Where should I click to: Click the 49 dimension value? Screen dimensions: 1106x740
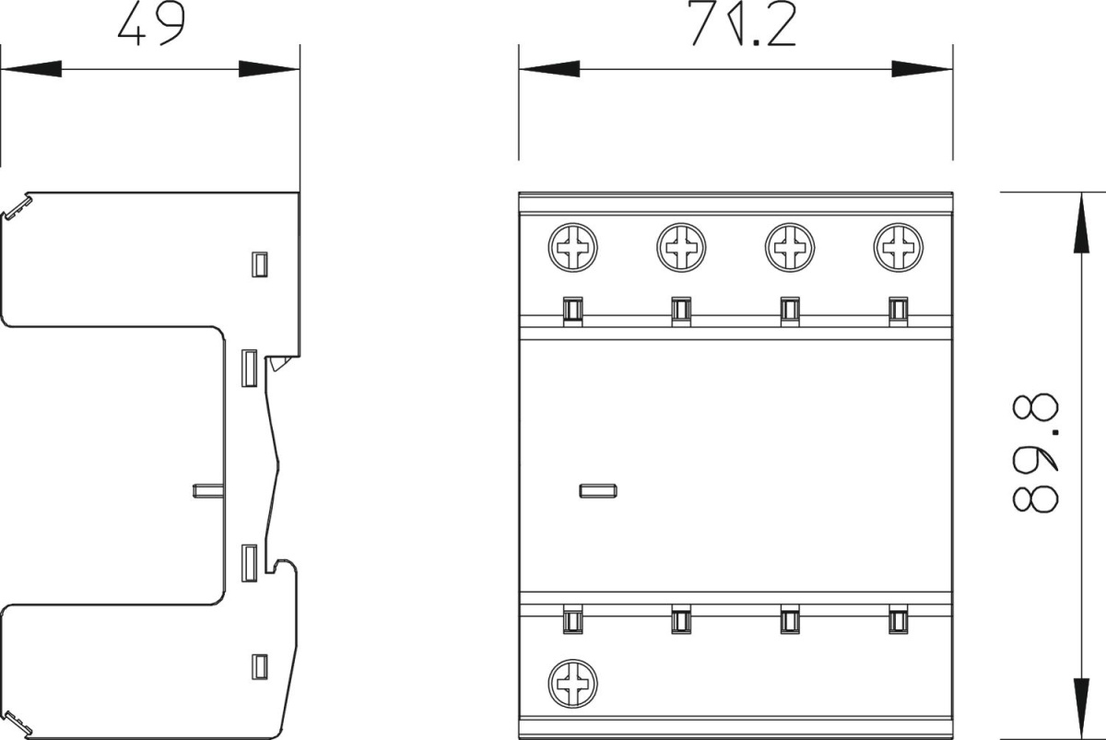pyautogui.click(x=151, y=25)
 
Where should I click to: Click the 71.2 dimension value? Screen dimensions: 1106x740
pyautogui.click(x=742, y=24)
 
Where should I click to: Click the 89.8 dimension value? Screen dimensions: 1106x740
pyautogui.click(x=1035, y=452)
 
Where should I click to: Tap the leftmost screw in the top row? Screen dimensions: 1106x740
pyautogui.click(x=572, y=247)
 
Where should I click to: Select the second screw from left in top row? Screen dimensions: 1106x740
pyautogui.click(x=681, y=247)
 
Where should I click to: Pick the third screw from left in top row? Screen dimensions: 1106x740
pyautogui.click(x=790, y=247)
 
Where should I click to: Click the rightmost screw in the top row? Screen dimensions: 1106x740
pyautogui.click(x=898, y=247)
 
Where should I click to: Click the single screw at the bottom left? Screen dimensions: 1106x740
pyautogui.click(x=572, y=683)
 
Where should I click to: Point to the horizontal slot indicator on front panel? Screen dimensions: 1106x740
pyautogui.click(x=598, y=490)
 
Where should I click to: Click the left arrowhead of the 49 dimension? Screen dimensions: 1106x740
pyautogui.click(x=31, y=69)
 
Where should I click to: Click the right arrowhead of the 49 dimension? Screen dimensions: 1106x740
pyautogui.click(x=269, y=69)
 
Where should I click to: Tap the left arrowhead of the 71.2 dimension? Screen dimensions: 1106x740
pyautogui.click(x=549, y=69)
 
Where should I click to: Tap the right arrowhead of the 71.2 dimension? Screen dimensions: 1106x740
pyautogui.click(x=922, y=69)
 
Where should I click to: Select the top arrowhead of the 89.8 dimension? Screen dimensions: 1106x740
pyautogui.click(x=1081, y=223)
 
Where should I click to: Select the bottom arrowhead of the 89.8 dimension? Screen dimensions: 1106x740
pyautogui.click(x=1081, y=709)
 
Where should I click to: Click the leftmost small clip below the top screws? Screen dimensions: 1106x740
pyautogui.click(x=572, y=311)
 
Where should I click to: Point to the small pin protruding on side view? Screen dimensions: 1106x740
pyautogui.click(x=208, y=490)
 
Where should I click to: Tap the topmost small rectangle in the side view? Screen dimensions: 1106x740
pyautogui.click(x=260, y=264)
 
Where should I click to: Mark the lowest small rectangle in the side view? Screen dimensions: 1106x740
pyautogui.click(x=260, y=667)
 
